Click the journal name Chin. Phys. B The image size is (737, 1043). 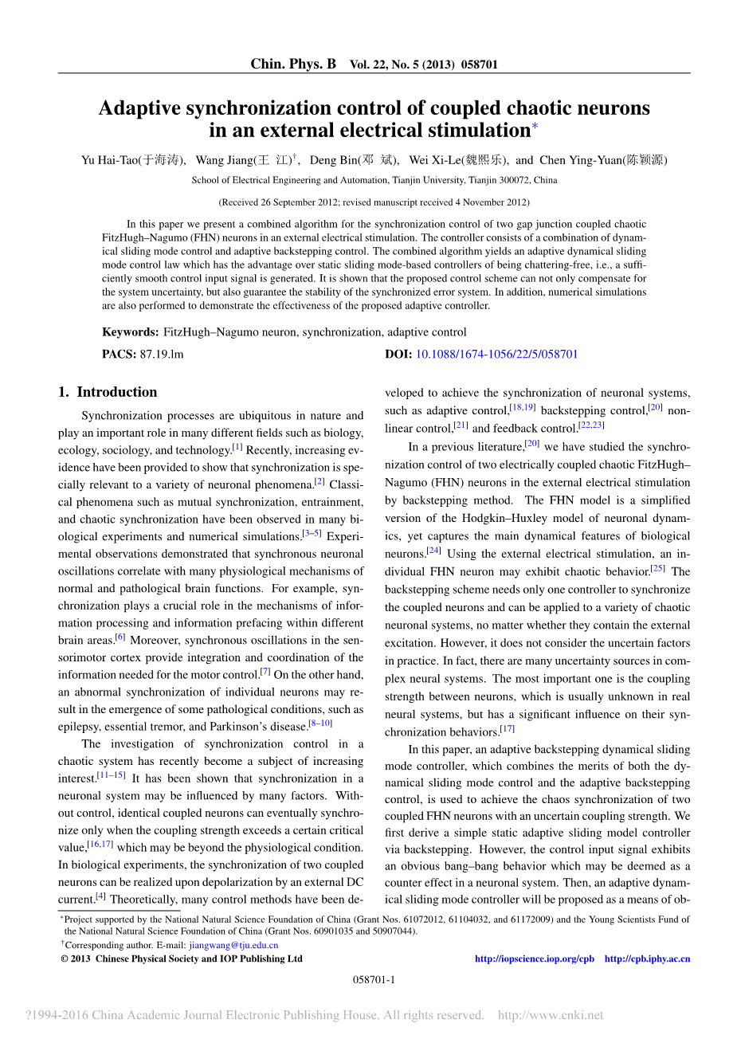(x=293, y=64)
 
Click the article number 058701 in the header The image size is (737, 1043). (x=480, y=65)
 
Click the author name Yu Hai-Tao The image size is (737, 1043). (x=110, y=160)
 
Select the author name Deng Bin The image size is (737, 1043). (x=335, y=160)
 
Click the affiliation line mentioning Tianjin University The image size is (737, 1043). (x=374, y=180)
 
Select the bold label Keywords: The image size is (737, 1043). (x=131, y=332)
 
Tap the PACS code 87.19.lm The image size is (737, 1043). (x=162, y=354)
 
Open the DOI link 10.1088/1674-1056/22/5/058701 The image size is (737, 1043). (x=496, y=354)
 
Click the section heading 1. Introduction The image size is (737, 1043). (x=108, y=392)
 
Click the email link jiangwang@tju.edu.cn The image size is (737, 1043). (x=233, y=945)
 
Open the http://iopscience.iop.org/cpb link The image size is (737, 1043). (x=534, y=959)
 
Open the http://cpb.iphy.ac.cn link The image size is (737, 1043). (x=647, y=959)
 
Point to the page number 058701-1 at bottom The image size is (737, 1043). (x=374, y=979)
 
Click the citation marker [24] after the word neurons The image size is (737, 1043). (x=433, y=550)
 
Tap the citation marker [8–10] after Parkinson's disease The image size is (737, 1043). (x=320, y=723)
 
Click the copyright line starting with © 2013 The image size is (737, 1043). (x=182, y=959)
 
